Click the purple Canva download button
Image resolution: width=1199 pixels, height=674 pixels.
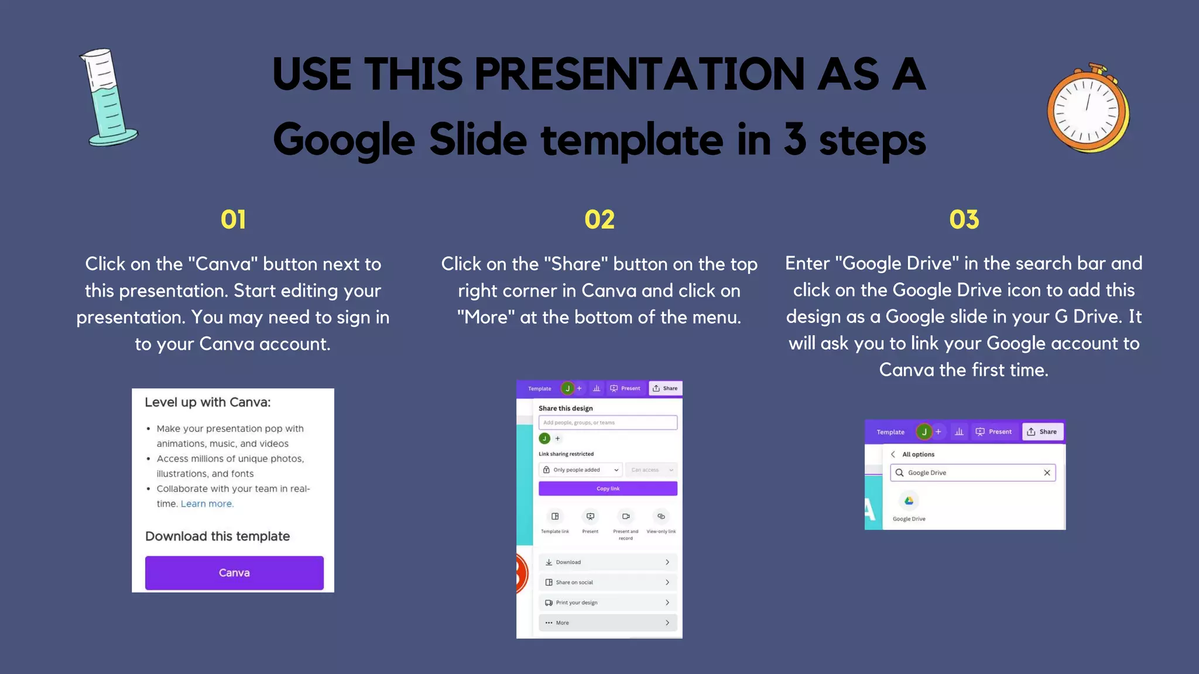234,573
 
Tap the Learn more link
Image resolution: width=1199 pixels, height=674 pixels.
206,504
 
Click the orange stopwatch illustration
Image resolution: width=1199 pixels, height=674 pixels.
1088,109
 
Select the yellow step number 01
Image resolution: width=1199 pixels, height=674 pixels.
233,220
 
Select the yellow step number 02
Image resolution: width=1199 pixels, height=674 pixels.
599,220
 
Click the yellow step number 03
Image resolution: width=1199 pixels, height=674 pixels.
964,220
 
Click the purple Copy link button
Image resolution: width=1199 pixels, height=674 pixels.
608,489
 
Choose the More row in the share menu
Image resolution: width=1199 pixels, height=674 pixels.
608,623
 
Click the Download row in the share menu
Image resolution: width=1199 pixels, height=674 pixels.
608,562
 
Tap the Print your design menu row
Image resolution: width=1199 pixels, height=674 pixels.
608,603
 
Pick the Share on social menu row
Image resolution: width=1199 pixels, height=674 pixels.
608,582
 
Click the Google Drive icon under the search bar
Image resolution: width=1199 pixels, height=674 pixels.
909,501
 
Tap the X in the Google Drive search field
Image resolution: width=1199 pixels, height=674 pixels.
1047,473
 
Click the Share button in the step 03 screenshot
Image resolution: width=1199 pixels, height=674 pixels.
1043,432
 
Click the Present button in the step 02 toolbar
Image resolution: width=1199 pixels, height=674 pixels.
625,388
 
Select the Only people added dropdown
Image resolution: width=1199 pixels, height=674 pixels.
580,470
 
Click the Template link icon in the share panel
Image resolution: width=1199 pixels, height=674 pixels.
555,517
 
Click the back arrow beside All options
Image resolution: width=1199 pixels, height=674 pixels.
893,455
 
